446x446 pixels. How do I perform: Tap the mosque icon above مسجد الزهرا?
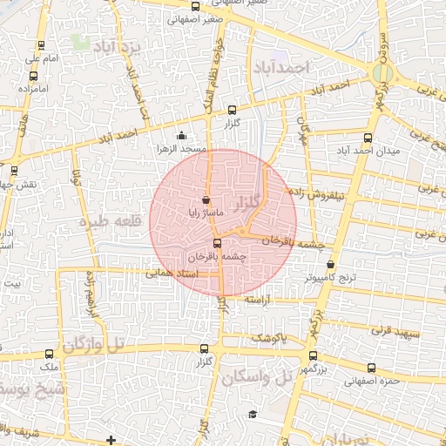[181, 135]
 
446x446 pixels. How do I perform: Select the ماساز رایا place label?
[207, 213]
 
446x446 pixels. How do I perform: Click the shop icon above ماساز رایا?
[206, 199]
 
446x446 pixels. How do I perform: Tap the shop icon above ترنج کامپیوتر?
[330, 264]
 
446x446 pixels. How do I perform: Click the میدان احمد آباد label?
[368, 151]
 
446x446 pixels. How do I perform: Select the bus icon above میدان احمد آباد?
[368, 137]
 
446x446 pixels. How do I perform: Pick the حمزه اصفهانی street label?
[370, 380]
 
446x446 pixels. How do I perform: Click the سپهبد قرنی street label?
[395, 331]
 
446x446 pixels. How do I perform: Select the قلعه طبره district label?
[111, 222]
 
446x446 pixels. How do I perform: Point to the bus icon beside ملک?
[49, 355]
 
